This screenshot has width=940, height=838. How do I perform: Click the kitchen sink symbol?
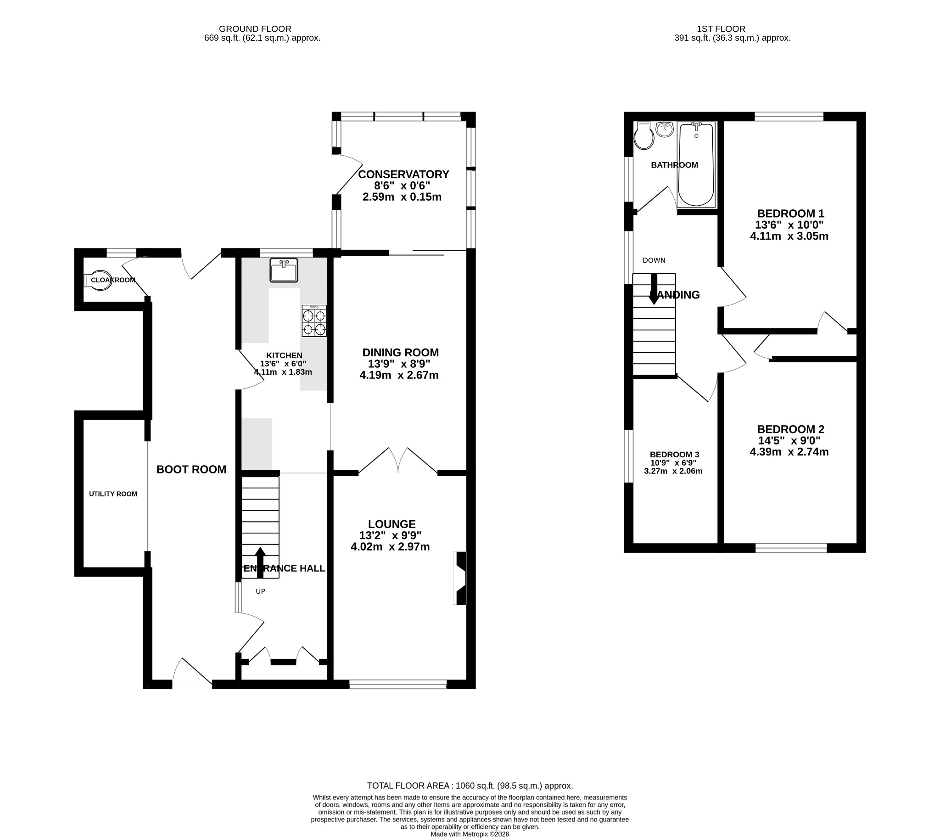[x=284, y=270]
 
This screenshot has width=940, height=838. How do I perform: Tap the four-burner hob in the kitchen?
[x=314, y=321]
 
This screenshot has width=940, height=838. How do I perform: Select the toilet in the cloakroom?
[x=98, y=280]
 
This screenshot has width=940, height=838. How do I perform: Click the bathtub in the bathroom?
[x=696, y=164]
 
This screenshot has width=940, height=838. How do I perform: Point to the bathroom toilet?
[x=643, y=136]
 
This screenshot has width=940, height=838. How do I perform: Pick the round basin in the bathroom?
[x=665, y=129]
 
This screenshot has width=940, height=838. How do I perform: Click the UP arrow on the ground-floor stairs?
[x=260, y=562]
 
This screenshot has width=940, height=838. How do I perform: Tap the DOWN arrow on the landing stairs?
[x=654, y=289]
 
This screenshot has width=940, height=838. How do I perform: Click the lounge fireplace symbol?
[x=461, y=578]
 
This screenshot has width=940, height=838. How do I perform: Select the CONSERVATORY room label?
[x=403, y=174]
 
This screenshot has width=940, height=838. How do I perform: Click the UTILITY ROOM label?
[x=113, y=494]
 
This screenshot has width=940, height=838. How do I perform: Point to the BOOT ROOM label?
[x=191, y=469]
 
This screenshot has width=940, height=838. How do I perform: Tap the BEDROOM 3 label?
[x=674, y=455]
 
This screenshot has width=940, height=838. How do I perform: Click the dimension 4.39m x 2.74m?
[x=789, y=452]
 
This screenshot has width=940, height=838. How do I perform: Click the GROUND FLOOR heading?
[x=255, y=28]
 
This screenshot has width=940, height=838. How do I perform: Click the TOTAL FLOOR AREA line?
[x=470, y=786]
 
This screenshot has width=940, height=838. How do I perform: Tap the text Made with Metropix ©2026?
[x=470, y=834]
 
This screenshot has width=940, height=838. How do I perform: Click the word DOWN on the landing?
[x=654, y=260]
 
